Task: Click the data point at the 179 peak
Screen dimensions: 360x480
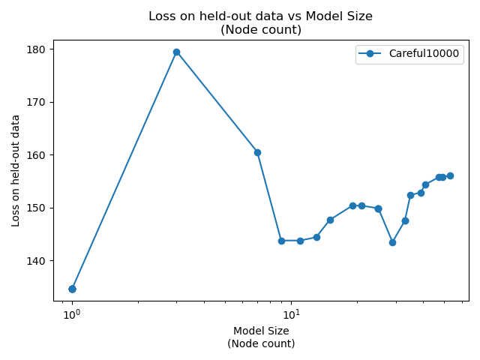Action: coord(176,52)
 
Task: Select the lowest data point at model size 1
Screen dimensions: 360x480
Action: coord(72,289)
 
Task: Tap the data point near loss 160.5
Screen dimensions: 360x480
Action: coord(257,152)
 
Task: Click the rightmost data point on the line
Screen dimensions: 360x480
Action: coord(450,175)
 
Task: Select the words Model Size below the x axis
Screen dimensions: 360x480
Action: coord(261,331)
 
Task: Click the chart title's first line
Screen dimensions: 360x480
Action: coord(260,16)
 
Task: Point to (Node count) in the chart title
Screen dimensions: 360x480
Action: coord(260,30)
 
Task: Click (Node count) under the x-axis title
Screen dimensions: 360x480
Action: coord(261,343)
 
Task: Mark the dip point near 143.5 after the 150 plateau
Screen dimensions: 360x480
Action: coord(392,242)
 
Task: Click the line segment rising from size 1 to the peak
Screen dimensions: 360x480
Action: coord(124,170)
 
